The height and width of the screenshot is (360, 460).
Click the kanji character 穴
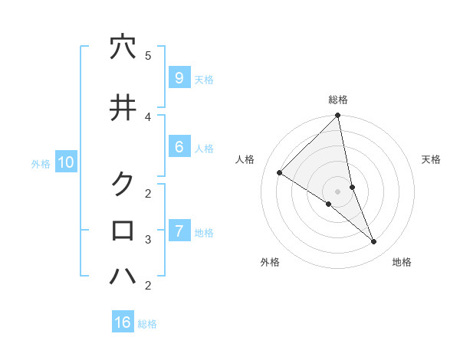click(x=123, y=47)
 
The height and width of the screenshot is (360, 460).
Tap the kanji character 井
click(x=123, y=108)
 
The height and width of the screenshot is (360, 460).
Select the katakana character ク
click(x=123, y=184)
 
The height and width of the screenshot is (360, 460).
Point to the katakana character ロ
click(x=123, y=230)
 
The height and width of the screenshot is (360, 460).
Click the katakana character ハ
click(x=123, y=275)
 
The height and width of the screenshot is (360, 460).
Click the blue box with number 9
click(x=179, y=78)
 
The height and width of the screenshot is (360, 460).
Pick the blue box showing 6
click(x=179, y=147)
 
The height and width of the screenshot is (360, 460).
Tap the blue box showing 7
click(x=179, y=231)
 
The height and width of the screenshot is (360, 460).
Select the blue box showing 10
click(x=65, y=162)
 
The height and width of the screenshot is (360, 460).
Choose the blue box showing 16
click(x=123, y=322)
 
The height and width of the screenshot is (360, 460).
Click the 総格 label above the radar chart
click(x=338, y=100)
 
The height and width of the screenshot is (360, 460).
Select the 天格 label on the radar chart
click(x=432, y=159)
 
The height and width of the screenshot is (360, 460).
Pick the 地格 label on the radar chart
click(x=402, y=262)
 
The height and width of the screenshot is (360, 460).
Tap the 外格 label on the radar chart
click(x=270, y=262)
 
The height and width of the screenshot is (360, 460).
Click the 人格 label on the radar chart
click(x=245, y=159)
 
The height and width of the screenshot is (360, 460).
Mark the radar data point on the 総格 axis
click(x=338, y=116)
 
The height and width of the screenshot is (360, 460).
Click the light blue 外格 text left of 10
click(x=41, y=163)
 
